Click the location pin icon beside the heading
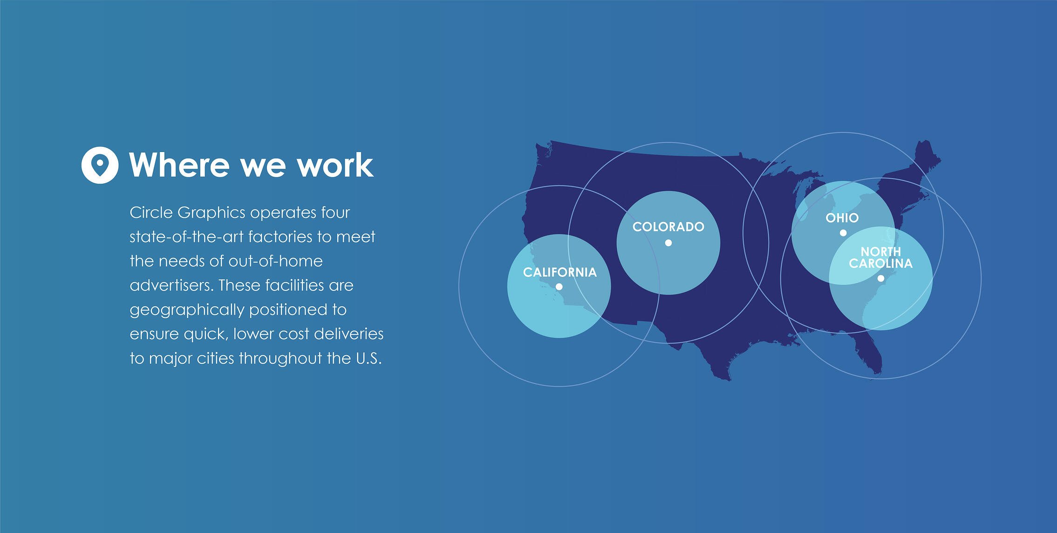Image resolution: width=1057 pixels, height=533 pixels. [x=100, y=165]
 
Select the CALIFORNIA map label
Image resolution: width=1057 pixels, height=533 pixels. [x=560, y=272]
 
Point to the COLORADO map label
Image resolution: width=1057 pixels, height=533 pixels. [x=668, y=227]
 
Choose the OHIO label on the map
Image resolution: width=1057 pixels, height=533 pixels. [x=842, y=218]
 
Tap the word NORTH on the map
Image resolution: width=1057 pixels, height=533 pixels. [x=881, y=251]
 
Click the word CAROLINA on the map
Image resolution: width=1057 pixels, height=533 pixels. [x=881, y=263]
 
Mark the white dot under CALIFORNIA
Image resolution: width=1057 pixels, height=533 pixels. [x=559, y=287]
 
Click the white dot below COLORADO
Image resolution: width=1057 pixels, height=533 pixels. [x=668, y=242]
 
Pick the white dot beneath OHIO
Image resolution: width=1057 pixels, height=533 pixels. [x=843, y=233]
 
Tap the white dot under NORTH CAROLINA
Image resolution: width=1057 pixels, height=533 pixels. [x=880, y=278]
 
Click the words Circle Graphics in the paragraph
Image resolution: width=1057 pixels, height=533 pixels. [x=188, y=213]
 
